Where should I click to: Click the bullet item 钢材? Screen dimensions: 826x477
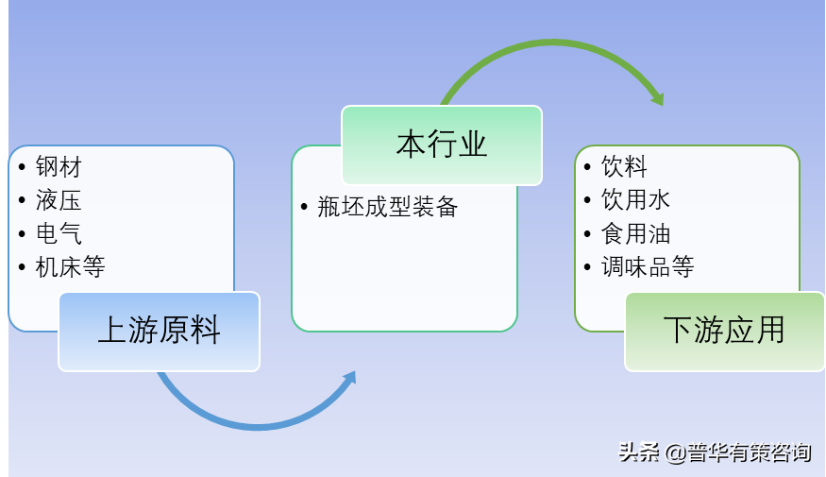[59, 167]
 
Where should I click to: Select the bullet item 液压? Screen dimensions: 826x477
[59, 200]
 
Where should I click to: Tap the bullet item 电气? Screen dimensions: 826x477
[59, 233]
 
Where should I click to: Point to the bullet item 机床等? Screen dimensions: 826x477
[70, 266]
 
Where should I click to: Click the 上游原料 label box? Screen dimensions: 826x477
[160, 332]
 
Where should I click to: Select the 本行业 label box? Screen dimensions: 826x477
[442, 145]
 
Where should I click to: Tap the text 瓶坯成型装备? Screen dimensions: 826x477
[388, 207]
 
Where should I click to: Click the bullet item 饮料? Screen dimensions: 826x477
[624, 166]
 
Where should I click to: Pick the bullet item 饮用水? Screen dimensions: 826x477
[636, 199]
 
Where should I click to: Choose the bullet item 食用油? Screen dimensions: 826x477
[636, 233]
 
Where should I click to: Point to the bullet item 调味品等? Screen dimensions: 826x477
[648, 266]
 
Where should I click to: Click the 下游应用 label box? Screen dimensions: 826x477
[725, 332]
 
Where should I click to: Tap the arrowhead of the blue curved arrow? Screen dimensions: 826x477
[349, 378]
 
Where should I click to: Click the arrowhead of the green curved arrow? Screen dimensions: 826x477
[657, 98]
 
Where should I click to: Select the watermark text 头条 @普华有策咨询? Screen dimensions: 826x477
[715, 452]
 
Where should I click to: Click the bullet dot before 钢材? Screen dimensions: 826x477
[22, 167]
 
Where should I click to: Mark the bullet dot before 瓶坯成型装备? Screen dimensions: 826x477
[304, 207]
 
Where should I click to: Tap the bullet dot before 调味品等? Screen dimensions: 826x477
[587, 266]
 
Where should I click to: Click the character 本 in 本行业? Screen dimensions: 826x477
[411, 145]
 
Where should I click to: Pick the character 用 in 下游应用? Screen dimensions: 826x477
[770, 331]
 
